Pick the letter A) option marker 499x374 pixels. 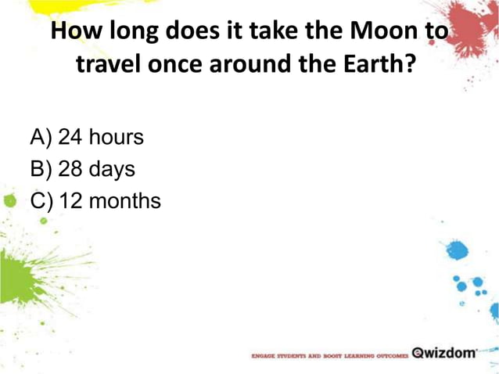pyautogui.click(x=41, y=138)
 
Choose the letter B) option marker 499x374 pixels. pyautogui.click(x=41, y=170)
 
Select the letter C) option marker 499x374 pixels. pyautogui.click(x=42, y=201)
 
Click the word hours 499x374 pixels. pyautogui.click(x=116, y=138)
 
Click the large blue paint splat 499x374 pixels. pyautogui.click(x=457, y=251)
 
